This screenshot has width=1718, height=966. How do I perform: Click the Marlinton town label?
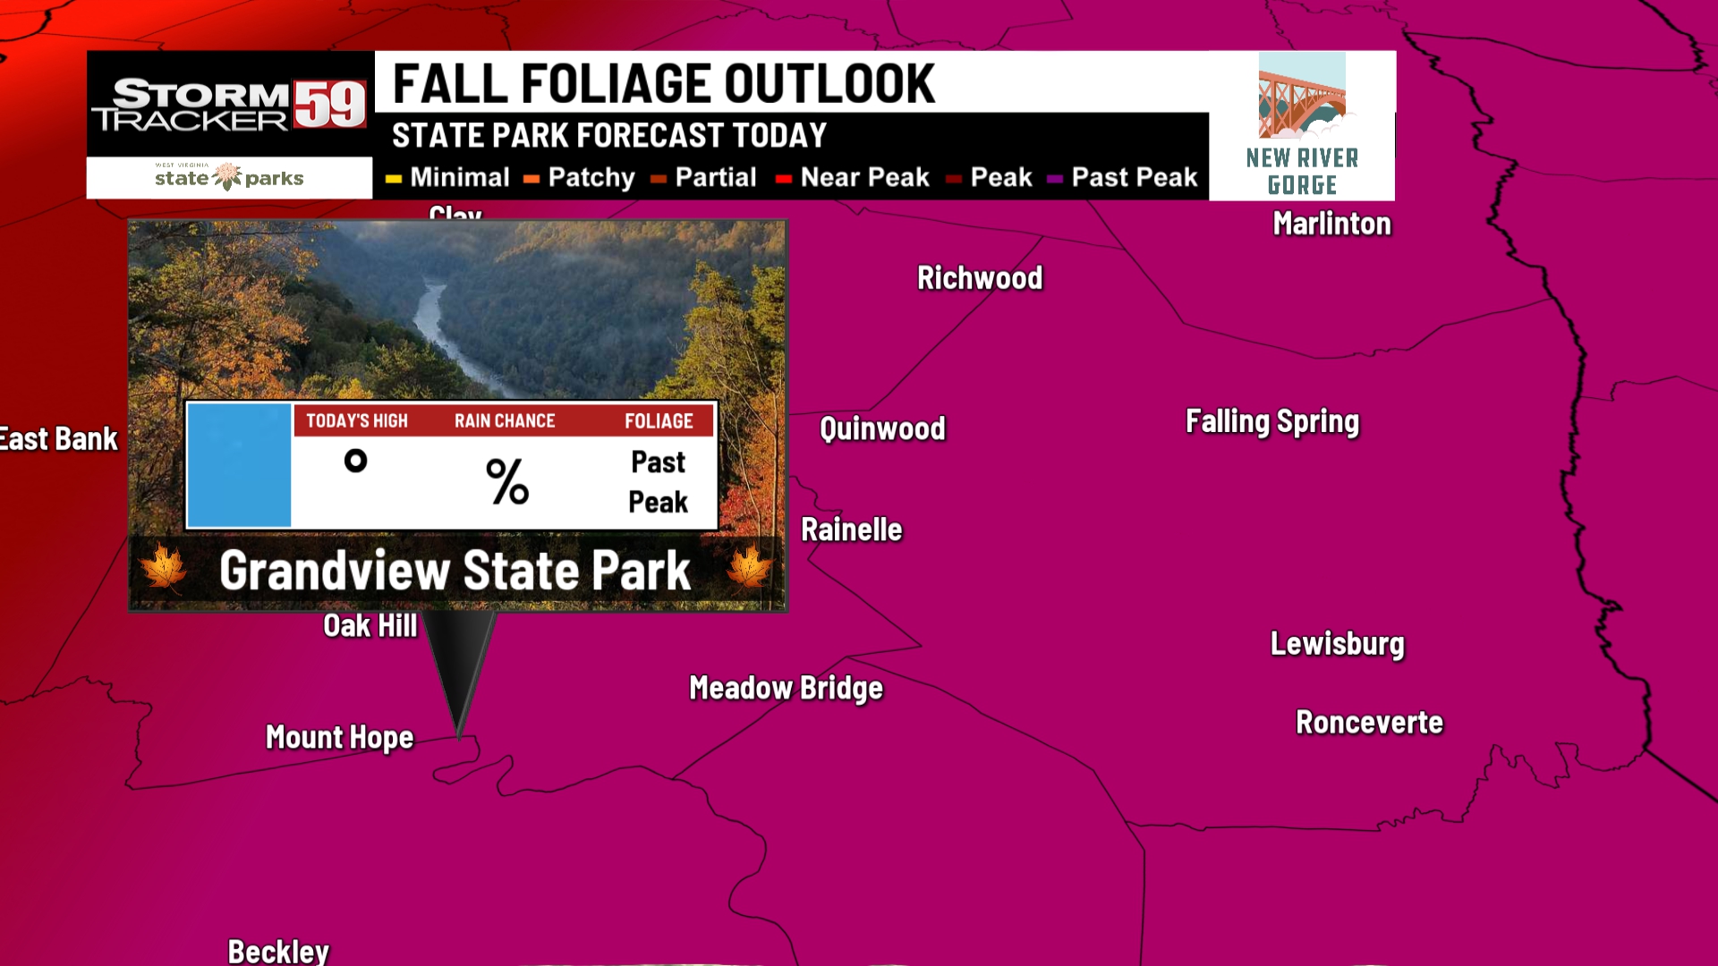pos(1331,224)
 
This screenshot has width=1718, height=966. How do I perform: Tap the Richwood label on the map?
pos(980,278)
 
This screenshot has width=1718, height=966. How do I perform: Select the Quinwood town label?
pos(882,428)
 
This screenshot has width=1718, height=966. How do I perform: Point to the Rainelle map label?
pos(851,530)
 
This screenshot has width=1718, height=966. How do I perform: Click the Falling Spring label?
pos(1271,421)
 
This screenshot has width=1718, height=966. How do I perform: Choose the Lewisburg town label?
pos(1337,644)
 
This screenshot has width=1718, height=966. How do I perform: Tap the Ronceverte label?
pos(1369,722)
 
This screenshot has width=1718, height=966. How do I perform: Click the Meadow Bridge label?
pos(786,688)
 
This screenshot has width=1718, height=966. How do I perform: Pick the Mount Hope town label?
pos(339,737)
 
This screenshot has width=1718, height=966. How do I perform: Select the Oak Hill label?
pos(370,626)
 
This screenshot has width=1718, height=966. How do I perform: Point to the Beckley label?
pos(278,951)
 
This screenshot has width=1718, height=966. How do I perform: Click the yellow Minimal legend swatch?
pos(394,179)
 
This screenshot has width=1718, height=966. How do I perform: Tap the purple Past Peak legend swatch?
pos(1055,179)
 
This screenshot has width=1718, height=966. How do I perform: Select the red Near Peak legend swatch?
pos(784,179)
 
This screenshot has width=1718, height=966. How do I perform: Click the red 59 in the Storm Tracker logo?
pos(330,105)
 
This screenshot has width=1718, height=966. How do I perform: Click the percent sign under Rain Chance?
pos(507,481)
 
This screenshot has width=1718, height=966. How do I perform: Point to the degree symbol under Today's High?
pos(355,461)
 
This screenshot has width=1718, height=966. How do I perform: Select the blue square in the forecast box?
pos(239,465)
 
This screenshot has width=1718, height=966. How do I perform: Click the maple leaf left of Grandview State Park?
pos(164,568)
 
